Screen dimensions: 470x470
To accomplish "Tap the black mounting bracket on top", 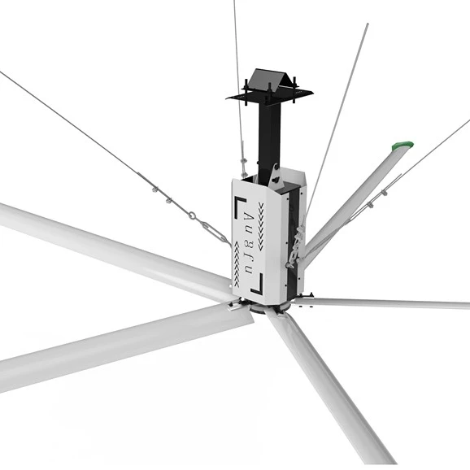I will point(269,86).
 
